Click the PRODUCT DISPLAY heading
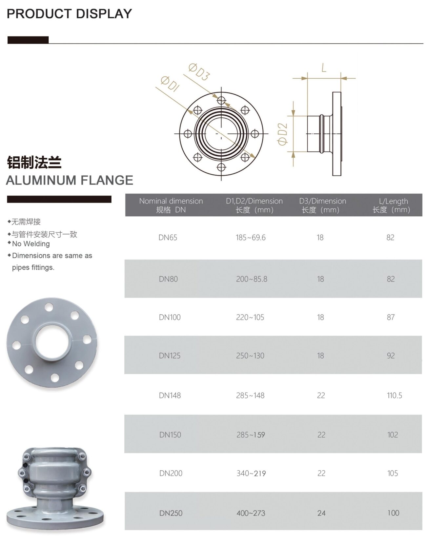(x=69, y=14)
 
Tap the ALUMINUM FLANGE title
(x=70, y=180)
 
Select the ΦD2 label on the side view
(x=282, y=134)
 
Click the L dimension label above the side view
(x=324, y=68)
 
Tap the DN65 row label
(x=168, y=238)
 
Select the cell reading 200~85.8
(x=252, y=279)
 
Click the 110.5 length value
(x=394, y=396)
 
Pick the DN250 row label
(x=171, y=513)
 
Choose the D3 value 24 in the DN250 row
(x=321, y=513)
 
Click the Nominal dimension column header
(x=171, y=205)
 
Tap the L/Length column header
(x=392, y=205)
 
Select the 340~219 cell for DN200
(x=251, y=474)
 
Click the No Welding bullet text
(x=31, y=244)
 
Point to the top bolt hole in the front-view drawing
(x=221, y=100)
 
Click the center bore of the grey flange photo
(x=52, y=342)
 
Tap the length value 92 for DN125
(x=390, y=356)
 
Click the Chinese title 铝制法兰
(x=34, y=163)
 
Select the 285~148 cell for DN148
(x=250, y=396)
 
